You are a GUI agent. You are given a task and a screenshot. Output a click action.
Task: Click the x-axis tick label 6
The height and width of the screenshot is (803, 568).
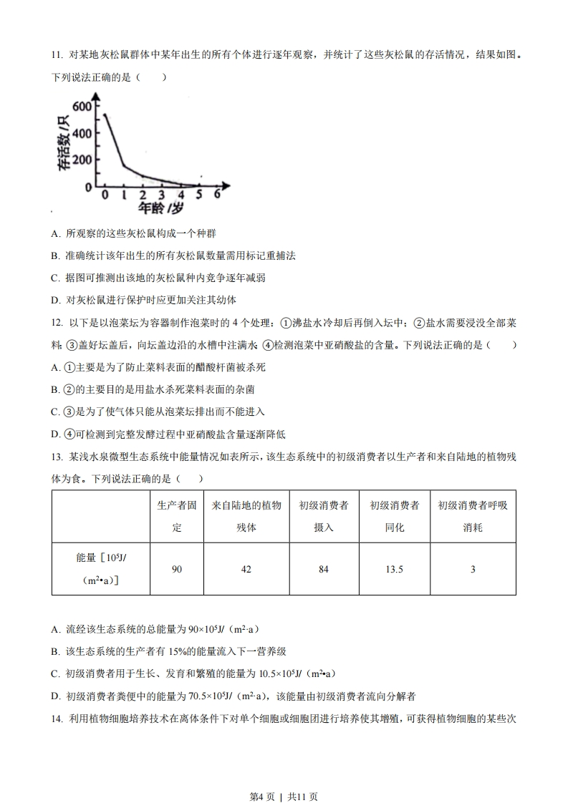click(216, 195)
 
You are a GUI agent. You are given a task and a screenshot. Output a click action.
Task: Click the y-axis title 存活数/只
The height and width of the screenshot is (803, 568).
click(64, 143)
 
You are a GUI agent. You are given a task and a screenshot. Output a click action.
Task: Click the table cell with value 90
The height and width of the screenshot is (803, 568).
click(177, 569)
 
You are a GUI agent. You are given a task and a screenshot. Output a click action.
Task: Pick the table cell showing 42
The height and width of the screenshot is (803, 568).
click(246, 569)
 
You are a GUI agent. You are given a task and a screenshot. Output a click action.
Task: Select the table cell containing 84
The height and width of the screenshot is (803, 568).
click(323, 569)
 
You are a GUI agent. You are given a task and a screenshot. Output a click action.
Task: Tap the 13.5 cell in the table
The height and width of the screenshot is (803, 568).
click(394, 569)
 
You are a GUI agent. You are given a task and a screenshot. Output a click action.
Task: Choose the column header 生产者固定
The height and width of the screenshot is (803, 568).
click(177, 516)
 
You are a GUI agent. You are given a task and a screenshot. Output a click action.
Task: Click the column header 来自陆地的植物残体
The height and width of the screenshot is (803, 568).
click(246, 516)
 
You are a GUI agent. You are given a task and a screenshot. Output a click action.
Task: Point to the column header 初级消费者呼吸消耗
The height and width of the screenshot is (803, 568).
click(472, 516)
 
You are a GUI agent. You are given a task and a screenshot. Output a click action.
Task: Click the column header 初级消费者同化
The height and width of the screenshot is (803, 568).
click(394, 516)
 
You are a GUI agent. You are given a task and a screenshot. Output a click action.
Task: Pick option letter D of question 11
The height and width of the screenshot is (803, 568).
click(56, 299)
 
